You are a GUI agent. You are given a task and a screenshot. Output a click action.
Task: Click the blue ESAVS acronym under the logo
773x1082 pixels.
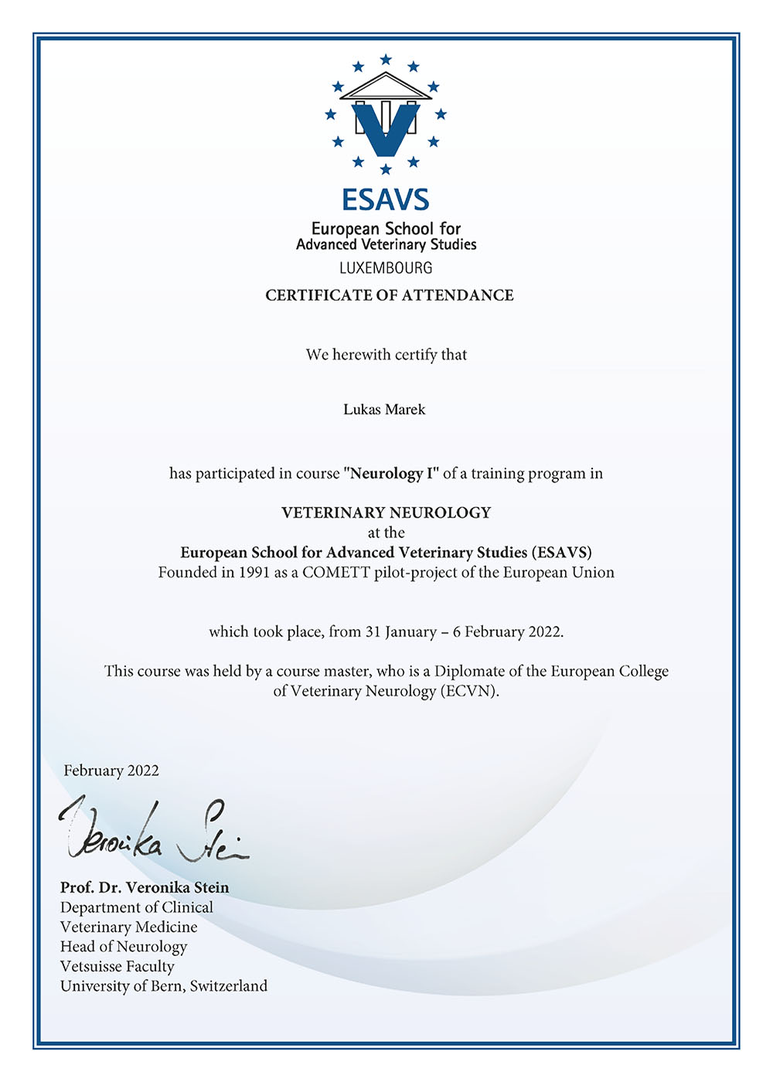point(386,200)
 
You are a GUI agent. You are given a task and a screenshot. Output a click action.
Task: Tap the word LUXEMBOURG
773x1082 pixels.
point(386,268)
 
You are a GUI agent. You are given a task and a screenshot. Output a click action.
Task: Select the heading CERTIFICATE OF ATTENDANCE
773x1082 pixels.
point(389,295)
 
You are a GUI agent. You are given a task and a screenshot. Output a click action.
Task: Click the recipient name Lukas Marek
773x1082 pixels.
point(384,410)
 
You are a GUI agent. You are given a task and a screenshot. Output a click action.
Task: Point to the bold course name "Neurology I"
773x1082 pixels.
point(391,474)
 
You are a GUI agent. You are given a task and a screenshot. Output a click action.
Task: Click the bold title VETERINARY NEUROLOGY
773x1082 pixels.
point(386,512)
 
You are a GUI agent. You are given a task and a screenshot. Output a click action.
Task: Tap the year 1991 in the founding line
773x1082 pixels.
point(254,573)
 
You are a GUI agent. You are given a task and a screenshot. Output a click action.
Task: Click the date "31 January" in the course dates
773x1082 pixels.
point(401,632)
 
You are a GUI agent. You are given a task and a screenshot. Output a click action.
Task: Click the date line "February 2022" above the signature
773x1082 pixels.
point(111,771)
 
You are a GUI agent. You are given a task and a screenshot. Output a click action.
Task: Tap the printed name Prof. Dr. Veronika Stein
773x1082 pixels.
point(145,888)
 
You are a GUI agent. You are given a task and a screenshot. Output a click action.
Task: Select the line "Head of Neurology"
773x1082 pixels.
point(124,947)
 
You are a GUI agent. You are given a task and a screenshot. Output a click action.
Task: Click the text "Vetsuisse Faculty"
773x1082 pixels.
point(117,966)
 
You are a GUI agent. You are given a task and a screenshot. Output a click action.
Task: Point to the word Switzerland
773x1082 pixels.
point(229,986)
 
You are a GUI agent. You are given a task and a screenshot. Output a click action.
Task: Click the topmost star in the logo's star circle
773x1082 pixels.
point(386,60)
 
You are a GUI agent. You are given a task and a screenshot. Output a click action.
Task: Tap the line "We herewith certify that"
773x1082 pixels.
point(386,355)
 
